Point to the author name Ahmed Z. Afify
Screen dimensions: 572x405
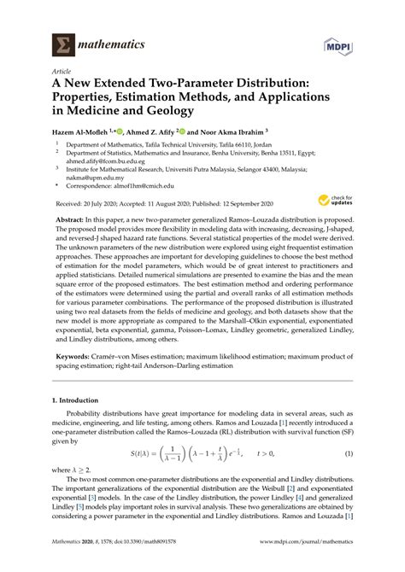tap(149, 133)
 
